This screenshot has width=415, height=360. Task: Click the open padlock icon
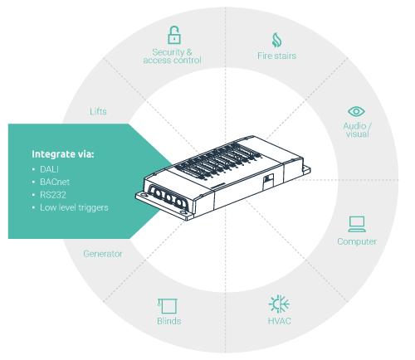tap(174, 35)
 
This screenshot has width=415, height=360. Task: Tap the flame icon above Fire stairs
tap(276, 40)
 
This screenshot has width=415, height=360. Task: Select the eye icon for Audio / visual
tap(356, 111)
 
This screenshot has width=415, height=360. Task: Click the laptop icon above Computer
tap(357, 224)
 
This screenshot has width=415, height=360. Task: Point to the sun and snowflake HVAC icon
tap(279, 304)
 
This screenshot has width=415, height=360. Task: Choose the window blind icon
tap(168, 306)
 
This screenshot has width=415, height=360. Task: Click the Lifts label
tap(98, 111)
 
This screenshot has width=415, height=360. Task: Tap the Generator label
tap(103, 254)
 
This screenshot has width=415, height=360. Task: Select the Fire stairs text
tap(276, 56)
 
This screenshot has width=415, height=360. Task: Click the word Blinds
tap(169, 321)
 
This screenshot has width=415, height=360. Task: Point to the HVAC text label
tap(280, 321)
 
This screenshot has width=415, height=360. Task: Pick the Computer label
tap(357, 241)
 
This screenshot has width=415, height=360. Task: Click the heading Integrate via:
tap(63, 154)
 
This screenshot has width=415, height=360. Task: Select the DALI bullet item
tap(49, 169)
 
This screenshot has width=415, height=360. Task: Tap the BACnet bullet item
tap(55, 182)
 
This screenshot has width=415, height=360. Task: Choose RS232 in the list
tap(53, 195)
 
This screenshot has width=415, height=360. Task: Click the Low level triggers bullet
tap(74, 207)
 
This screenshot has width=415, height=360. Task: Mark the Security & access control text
tap(172, 56)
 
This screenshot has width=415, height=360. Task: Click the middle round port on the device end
tap(168, 197)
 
